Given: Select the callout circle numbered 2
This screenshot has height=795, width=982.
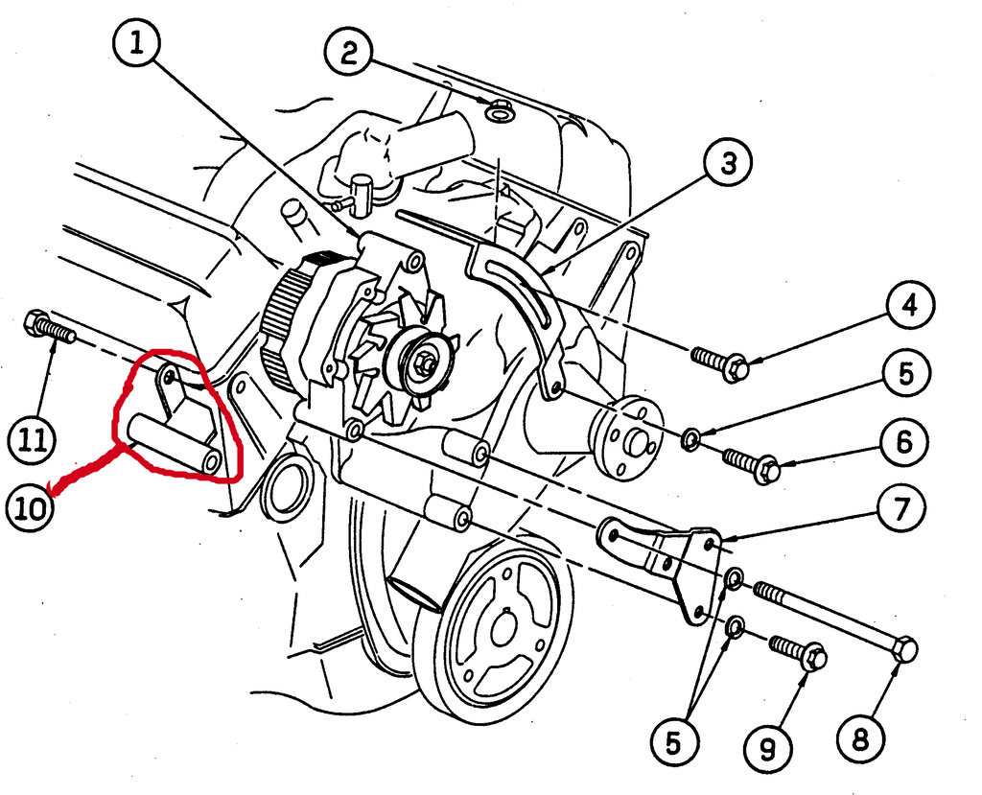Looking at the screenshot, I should (x=350, y=53).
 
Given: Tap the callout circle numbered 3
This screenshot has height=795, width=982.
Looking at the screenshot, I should (x=729, y=164).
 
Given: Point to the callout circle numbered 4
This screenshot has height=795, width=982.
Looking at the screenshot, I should (x=907, y=308).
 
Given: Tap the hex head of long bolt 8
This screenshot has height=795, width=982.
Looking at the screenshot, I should (x=903, y=650).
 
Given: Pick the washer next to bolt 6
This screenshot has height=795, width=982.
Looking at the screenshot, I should (x=690, y=441).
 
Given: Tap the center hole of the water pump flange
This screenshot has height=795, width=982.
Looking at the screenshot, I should (x=634, y=441).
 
